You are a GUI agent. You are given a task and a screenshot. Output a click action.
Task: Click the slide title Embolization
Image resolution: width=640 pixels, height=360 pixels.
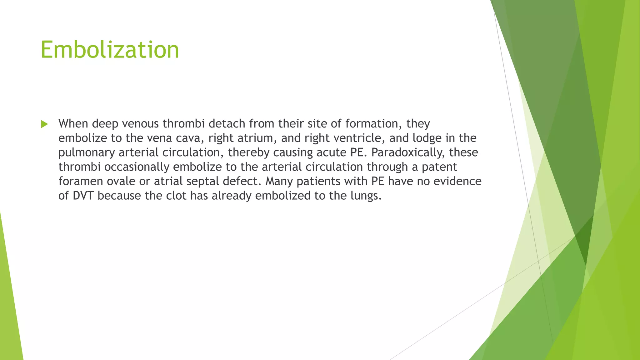(x=110, y=50)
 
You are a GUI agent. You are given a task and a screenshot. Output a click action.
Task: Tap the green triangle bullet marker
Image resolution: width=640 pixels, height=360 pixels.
(x=44, y=124)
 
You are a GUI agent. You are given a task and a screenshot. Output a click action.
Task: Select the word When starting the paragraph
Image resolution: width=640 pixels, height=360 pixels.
(x=73, y=124)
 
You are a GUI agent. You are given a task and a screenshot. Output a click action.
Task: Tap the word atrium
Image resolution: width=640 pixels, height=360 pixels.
(x=255, y=138)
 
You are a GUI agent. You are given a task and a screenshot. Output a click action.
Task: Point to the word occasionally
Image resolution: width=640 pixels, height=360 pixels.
(x=137, y=167)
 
